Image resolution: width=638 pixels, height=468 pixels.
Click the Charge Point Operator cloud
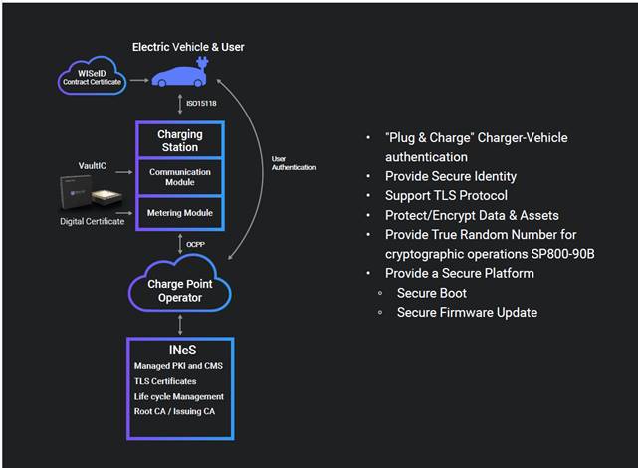(x=179, y=291)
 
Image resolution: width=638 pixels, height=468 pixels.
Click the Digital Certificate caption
(x=91, y=221)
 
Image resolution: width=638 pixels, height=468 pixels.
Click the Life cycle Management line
(x=179, y=396)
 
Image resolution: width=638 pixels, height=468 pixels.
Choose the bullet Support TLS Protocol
(x=446, y=195)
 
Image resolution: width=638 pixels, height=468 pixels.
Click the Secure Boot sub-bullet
(x=431, y=293)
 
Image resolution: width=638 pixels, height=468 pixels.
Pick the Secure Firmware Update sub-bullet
(x=467, y=312)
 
